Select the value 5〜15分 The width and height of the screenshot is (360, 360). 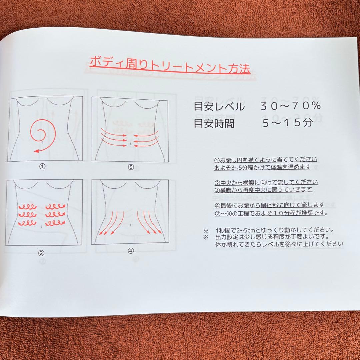coord(288,123)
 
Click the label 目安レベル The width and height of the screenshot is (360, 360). coord(219,107)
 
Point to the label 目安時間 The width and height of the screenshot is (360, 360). coord(214,124)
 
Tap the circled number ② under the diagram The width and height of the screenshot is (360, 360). coord(41,253)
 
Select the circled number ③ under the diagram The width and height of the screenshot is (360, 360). coord(131,167)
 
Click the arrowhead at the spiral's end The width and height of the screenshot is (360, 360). coord(36,152)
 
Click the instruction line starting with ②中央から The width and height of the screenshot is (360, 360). coord(266,182)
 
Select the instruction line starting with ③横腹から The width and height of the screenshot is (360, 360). coord(263,189)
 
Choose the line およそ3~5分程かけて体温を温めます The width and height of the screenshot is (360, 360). coord(263,166)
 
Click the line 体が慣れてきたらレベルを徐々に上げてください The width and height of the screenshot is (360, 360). coord(279,244)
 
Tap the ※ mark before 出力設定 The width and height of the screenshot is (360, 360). coord(206,237)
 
